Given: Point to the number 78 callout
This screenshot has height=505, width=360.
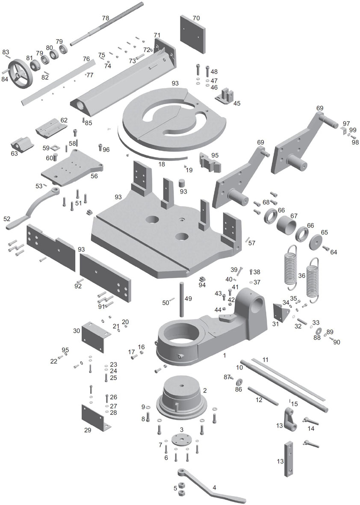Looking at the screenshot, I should point(106,18).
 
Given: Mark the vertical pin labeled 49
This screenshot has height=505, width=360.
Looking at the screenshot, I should point(182,299).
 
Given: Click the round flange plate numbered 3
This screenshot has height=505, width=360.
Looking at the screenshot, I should point(181,440).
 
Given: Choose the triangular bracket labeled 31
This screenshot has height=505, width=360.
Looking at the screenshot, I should point(280,315).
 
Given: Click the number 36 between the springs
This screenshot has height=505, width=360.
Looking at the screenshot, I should point(302,276).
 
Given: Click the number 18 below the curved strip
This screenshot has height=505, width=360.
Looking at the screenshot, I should point(162,164).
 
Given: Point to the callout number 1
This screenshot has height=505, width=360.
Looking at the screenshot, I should point(224,355).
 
